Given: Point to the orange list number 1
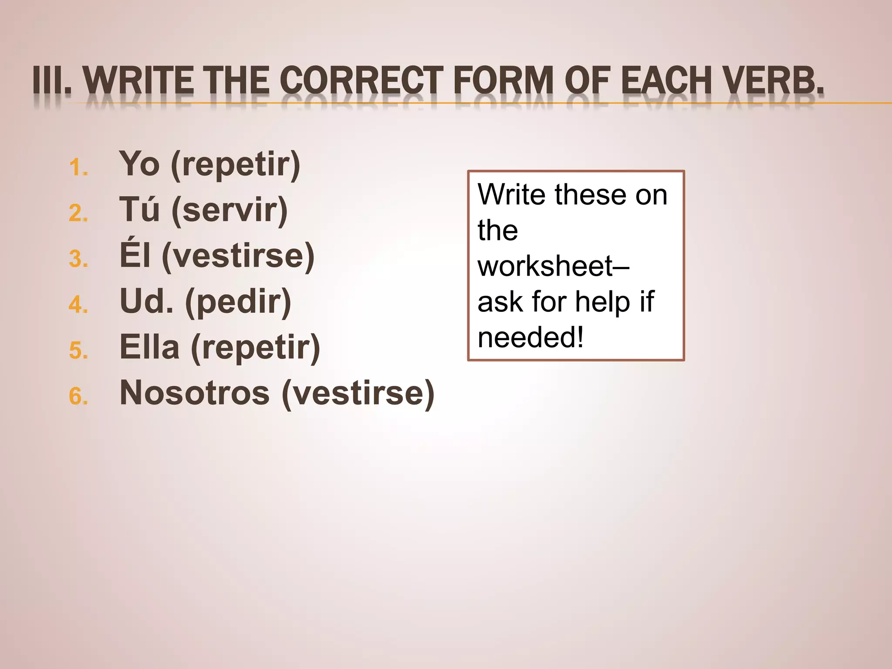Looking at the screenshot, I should [78, 168].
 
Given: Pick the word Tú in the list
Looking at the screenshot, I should [139, 209].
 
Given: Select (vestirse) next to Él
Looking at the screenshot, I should [238, 257].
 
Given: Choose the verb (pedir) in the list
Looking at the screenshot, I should [238, 302].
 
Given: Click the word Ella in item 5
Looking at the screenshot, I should [149, 347].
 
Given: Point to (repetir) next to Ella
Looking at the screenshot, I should [255, 348].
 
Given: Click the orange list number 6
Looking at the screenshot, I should [78, 397].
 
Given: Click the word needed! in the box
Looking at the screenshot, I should [530, 338].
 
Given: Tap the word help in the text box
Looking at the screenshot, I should [602, 302].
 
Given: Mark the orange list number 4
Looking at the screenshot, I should [78, 305].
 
